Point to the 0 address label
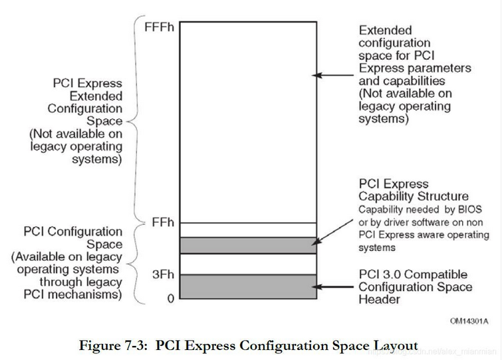170,299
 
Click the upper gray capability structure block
247,245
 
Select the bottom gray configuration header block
247,286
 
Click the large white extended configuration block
247,120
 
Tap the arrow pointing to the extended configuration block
335,75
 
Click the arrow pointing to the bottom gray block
335,287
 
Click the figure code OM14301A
469,321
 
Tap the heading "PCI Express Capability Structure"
413,190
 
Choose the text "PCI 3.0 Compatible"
413,275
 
